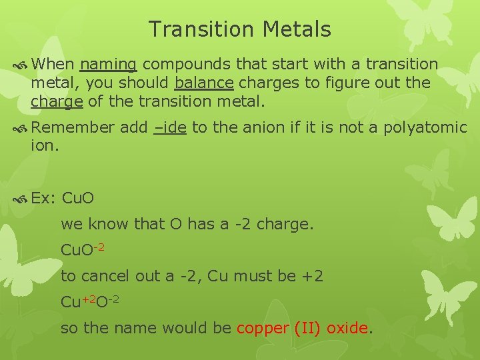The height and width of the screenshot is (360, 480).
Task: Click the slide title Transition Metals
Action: pos(239,29)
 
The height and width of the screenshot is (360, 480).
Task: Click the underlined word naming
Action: pos(108,65)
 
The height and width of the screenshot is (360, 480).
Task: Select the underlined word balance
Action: pos(203,83)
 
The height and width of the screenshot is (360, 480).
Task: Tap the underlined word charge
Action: pos(56,103)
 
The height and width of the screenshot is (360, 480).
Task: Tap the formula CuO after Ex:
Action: pos(77,199)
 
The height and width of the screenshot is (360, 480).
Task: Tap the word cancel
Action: pos(105,275)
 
